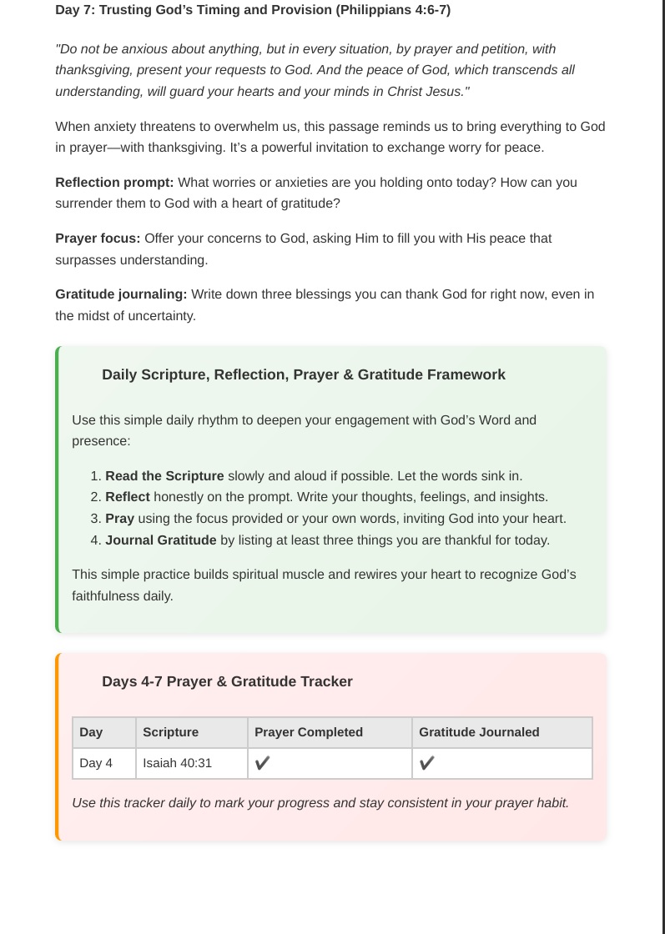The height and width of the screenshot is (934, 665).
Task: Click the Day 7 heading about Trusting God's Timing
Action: point(253,10)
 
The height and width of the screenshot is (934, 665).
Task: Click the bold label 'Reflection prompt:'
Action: point(114,182)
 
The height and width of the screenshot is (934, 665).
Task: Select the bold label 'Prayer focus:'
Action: point(98,239)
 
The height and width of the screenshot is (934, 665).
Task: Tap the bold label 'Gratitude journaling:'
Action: point(121,294)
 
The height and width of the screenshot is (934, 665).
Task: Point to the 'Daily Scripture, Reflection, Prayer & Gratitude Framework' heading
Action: point(304,374)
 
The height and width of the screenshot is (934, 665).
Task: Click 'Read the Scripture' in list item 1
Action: point(164,476)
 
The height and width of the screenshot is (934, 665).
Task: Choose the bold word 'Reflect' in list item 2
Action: point(128,497)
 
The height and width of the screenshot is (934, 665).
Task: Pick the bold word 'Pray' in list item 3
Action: point(119,519)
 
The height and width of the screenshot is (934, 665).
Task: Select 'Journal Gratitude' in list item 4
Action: point(161,540)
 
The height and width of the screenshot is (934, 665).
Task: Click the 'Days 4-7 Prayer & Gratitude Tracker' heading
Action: point(227,681)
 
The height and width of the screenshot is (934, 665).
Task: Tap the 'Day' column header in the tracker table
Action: point(91,732)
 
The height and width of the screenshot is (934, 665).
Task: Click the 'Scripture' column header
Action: point(170,732)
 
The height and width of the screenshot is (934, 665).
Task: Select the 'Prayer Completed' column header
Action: point(308,732)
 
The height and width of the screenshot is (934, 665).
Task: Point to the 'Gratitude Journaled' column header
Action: point(479,732)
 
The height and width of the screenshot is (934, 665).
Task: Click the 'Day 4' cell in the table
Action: point(96,763)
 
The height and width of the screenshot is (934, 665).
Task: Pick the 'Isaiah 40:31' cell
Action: point(177,763)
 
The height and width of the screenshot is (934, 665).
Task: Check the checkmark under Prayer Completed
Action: point(262,763)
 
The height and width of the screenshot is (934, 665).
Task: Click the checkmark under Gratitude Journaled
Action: point(426,763)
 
